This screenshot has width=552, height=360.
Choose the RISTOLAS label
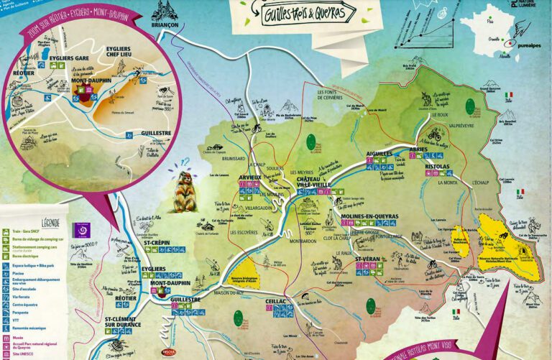[x=438, y=166]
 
